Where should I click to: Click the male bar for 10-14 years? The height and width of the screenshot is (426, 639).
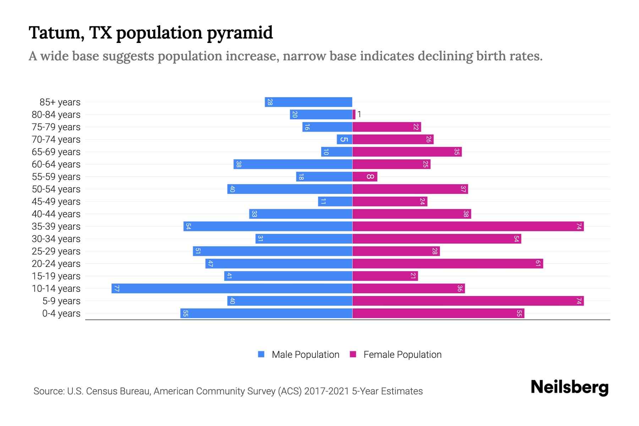[x=231, y=288]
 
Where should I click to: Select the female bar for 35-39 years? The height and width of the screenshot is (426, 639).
[x=468, y=226]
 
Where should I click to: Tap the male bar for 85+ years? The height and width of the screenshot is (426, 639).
[x=308, y=102]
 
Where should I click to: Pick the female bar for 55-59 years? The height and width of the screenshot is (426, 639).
[x=365, y=176]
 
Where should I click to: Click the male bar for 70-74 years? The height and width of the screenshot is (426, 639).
[x=344, y=139]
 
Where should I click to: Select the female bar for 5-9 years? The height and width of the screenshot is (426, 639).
[x=468, y=301]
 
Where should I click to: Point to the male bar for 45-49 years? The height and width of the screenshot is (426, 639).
[x=335, y=201]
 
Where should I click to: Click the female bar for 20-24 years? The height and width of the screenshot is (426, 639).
[x=447, y=263]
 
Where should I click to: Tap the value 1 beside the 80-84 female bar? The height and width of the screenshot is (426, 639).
[x=359, y=114]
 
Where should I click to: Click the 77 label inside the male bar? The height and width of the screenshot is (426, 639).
[x=116, y=288]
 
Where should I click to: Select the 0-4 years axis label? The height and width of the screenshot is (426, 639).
[x=61, y=313]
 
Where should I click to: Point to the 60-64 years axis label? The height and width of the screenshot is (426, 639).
[x=56, y=164]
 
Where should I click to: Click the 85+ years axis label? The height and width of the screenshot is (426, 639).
[x=60, y=102]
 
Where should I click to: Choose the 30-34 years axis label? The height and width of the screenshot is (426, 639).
[x=56, y=239]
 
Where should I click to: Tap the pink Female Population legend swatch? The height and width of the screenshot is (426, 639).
[x=353, y=354]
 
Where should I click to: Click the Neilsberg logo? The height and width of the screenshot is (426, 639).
[x=569, y=387]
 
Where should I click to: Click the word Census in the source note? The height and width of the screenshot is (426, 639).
[x=100, y=391]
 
